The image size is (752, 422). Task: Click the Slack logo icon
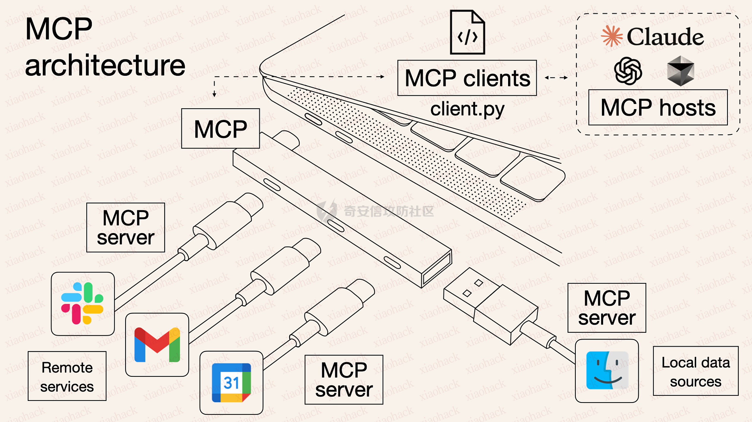82,303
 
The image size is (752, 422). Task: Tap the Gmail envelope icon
157,345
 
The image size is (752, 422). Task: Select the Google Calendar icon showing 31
231,382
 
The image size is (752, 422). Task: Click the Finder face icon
607,371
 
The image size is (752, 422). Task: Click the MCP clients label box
467,78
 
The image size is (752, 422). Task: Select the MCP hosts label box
658,108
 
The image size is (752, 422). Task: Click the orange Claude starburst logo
612,36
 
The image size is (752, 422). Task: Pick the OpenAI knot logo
628,71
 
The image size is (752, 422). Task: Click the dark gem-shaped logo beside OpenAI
680,71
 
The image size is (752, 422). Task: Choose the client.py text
467,109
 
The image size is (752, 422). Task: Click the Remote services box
67,376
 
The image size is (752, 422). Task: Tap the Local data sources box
695,371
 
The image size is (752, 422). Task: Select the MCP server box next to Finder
606,308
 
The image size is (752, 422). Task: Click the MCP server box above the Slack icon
125,228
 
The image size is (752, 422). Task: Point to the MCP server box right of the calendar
344,380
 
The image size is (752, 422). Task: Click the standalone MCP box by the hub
220,129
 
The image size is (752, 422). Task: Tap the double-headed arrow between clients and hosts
556,78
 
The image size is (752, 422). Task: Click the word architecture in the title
105,65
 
